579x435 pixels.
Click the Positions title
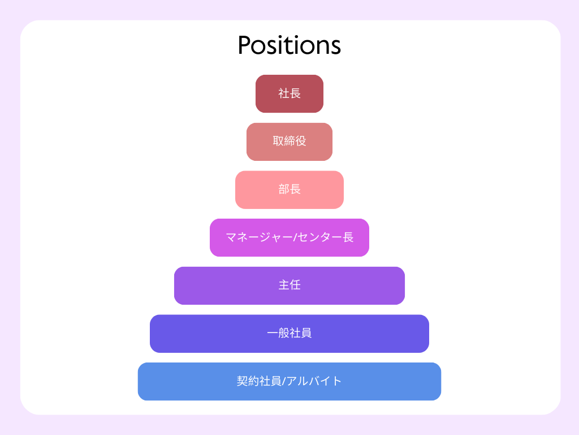pos(289,45)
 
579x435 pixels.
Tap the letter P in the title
pos(244,45)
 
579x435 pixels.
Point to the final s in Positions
pos(335,48)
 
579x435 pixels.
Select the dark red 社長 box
pos(289,93)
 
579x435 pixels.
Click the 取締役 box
pos(289,142)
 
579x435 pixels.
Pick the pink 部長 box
pos(289,190)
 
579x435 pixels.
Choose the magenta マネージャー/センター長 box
pos(289,237)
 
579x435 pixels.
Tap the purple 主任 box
pos(289,285)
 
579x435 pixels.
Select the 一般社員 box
pos(289,334)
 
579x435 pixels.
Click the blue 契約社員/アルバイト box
pos(289,381)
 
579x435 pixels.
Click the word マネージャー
pos(258,237)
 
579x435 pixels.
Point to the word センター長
pos(325,237)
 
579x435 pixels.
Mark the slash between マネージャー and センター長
pos(295,237)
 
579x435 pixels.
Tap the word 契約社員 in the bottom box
pos(259,381)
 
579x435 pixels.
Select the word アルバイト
pos(314,381)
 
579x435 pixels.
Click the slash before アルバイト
pos(284,381)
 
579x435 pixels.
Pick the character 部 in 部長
pos(284,189)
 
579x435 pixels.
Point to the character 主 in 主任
pos(284,285)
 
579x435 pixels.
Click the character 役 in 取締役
pos(301,141)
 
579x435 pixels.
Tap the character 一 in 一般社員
pos(273,333)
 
